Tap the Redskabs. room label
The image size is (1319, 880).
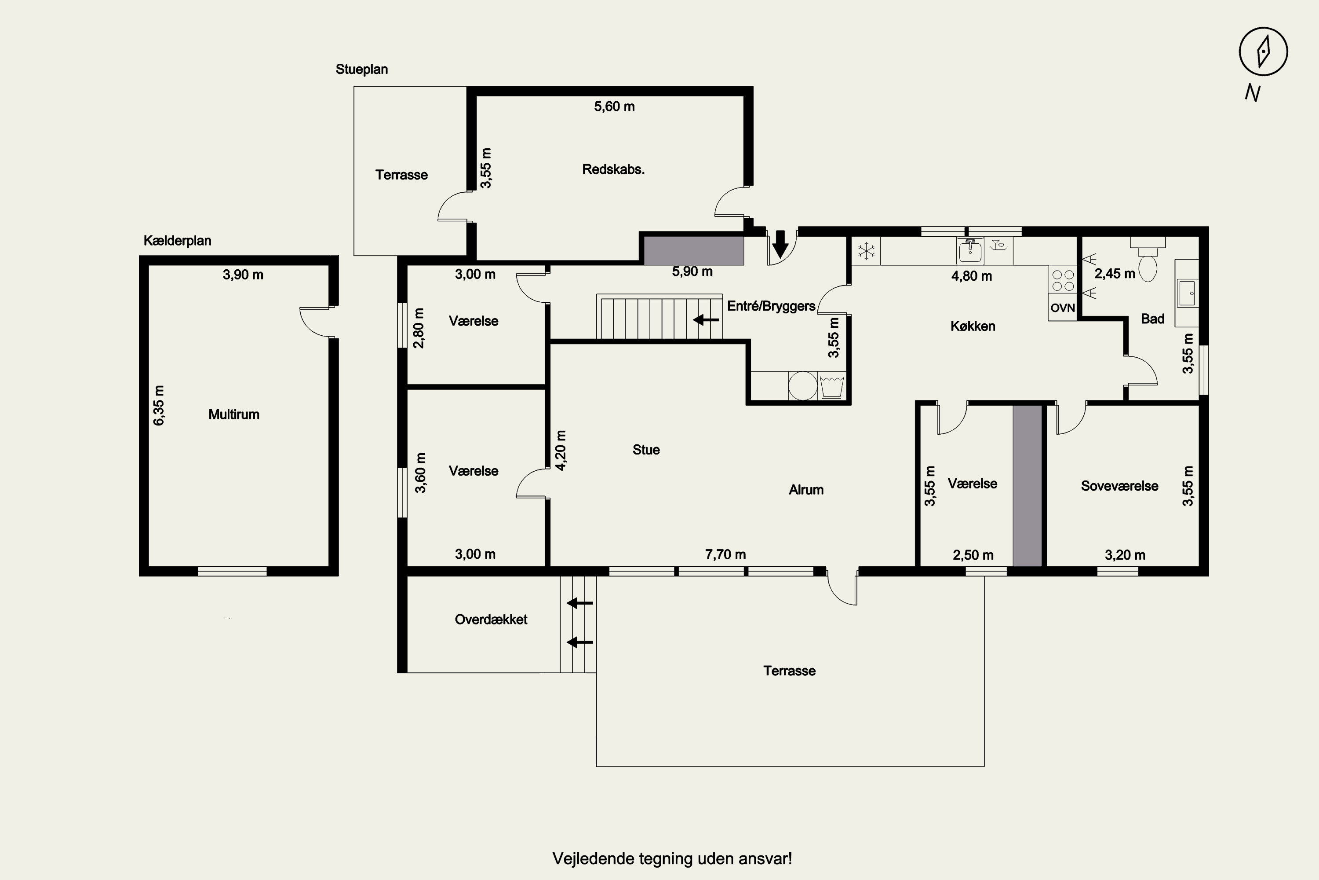tap(613, 169)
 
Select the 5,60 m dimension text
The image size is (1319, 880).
tap(614, 106)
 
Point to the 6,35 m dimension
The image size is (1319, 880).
tap(159, 405)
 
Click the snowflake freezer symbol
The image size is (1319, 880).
tap(867, 250)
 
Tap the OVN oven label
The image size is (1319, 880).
tap(1062, 308)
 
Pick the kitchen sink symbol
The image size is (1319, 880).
tap(970, 250)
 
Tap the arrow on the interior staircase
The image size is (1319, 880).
tap(706, 320)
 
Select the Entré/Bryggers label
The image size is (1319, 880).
tap(771, 306)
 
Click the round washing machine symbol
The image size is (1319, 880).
tap(802, 385)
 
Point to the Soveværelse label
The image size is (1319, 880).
tap(1119, 486)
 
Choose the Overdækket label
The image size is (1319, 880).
tap(491, 619)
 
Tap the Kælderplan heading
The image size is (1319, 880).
tap(177, 241)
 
